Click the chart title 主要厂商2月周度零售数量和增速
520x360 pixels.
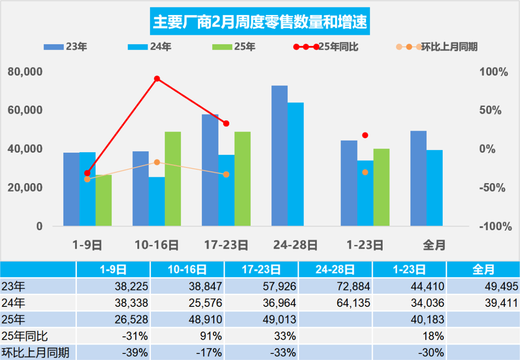[x=260, y=22]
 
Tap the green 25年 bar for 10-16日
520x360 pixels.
[x=173, y=179]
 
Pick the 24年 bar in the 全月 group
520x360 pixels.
[x=434, y=188]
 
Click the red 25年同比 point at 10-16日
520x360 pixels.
[x=157, y=78]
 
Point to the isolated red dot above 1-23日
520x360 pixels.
[x=365, y=135]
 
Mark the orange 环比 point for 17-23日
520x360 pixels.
[x=226, y=174]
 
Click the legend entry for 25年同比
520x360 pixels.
[x=338, y=47]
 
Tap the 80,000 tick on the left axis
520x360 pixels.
[x=25, y=72]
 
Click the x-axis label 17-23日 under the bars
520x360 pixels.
[x=226, y=245]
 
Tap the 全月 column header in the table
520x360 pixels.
[x=483, y=269]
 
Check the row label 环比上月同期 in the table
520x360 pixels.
[x=36, y=352]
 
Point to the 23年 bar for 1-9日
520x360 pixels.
[x=71, y=189]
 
